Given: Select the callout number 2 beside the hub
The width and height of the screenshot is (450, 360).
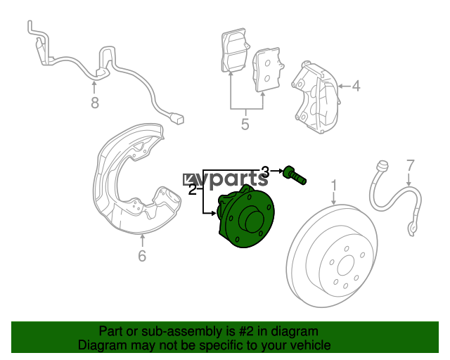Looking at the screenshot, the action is tap(193, 189).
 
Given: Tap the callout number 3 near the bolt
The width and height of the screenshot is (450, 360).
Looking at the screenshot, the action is tap(266, 172).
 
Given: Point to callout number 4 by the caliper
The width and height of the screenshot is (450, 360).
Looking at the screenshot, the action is tap(356, 86).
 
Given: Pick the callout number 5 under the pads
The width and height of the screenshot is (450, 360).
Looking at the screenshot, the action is tap(245, 124).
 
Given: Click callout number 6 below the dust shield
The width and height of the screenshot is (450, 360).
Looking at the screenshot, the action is tap(142, 256).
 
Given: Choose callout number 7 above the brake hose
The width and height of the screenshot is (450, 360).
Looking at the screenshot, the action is tap(411, 165).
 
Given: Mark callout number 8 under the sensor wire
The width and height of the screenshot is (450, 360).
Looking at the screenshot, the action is tap(95, 103).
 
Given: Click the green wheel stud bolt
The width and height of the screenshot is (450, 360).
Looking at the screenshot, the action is tap(295, 175).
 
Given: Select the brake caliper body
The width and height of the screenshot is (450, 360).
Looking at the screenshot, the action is tap(316, 97).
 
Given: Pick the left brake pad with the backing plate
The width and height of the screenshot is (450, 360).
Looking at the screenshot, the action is tap(234, 51).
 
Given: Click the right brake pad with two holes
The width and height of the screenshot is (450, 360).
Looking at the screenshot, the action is tap(267, 70).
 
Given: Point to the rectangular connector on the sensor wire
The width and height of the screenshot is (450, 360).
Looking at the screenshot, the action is tap(176, 118).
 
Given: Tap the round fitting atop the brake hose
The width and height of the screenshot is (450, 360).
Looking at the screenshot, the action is tap(382, 165).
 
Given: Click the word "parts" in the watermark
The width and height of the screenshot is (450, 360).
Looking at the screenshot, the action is tap(236, 180).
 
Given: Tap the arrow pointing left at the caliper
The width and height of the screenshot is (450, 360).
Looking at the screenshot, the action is tap(345, 86).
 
